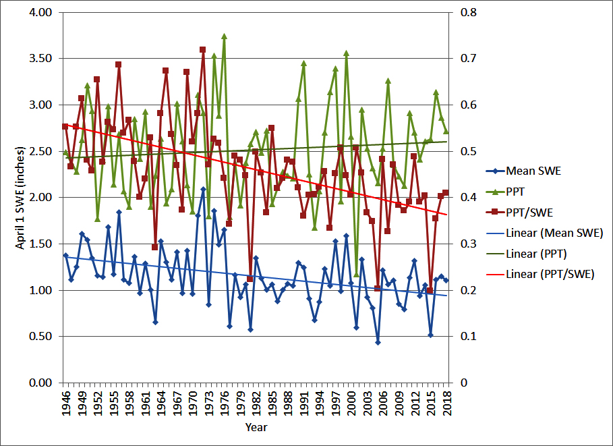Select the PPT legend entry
point(516,192)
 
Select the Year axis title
point(256,427)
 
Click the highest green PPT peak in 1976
point(224,36)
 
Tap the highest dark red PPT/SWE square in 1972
point(202,49)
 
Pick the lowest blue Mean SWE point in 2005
point(378,342)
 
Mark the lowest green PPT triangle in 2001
point(356,275)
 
